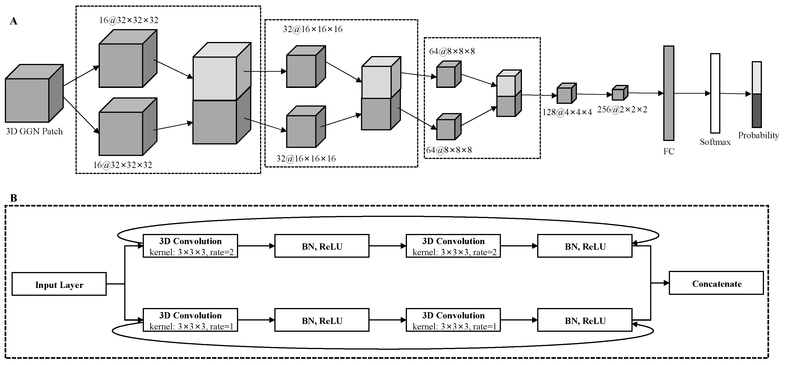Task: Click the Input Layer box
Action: click(x=59, y=284)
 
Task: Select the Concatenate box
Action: click(x=716, y=283)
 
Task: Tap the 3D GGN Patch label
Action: click(x=34, y=132)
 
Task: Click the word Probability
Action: click(x=758, y=135)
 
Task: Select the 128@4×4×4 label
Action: click(x=567, y=112)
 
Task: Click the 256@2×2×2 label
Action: click(x=622, y=110)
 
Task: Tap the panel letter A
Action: click(x=13, y=21)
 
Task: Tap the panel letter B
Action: click(x=13, y=198)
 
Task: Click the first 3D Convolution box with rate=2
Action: click(x=190, y=246)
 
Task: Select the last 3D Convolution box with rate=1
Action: click(x=453, y=320)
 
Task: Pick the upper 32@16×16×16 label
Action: click(x=313, y=29)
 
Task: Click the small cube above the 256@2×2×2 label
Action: click(x=620, y=93)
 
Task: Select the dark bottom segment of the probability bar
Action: click(x=756, y=111)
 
